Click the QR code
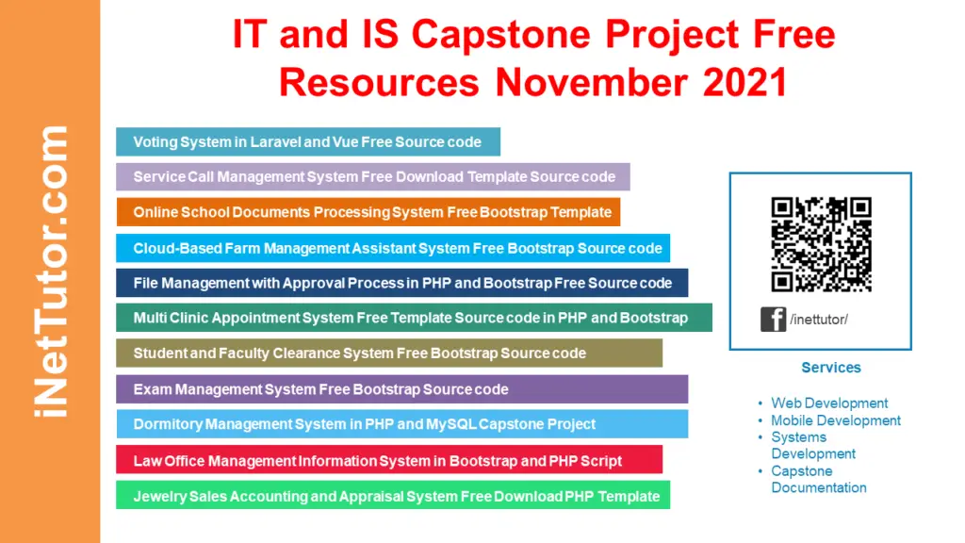(821, 245)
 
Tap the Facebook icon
(773, 319)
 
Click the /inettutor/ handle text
(819, 320)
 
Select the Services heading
(830, 368)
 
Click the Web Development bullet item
(829, 403)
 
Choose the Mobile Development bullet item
(835, 420)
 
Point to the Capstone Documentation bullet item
(818, 480)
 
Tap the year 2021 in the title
(744, 83)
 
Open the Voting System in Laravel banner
(307, 142)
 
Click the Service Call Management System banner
(373, 176)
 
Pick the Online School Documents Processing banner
(368, 212)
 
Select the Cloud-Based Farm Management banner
(393, 248)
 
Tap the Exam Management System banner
(401, 389)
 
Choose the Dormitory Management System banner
(401, 424)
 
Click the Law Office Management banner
(388, 461)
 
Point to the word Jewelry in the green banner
(157, 496)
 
